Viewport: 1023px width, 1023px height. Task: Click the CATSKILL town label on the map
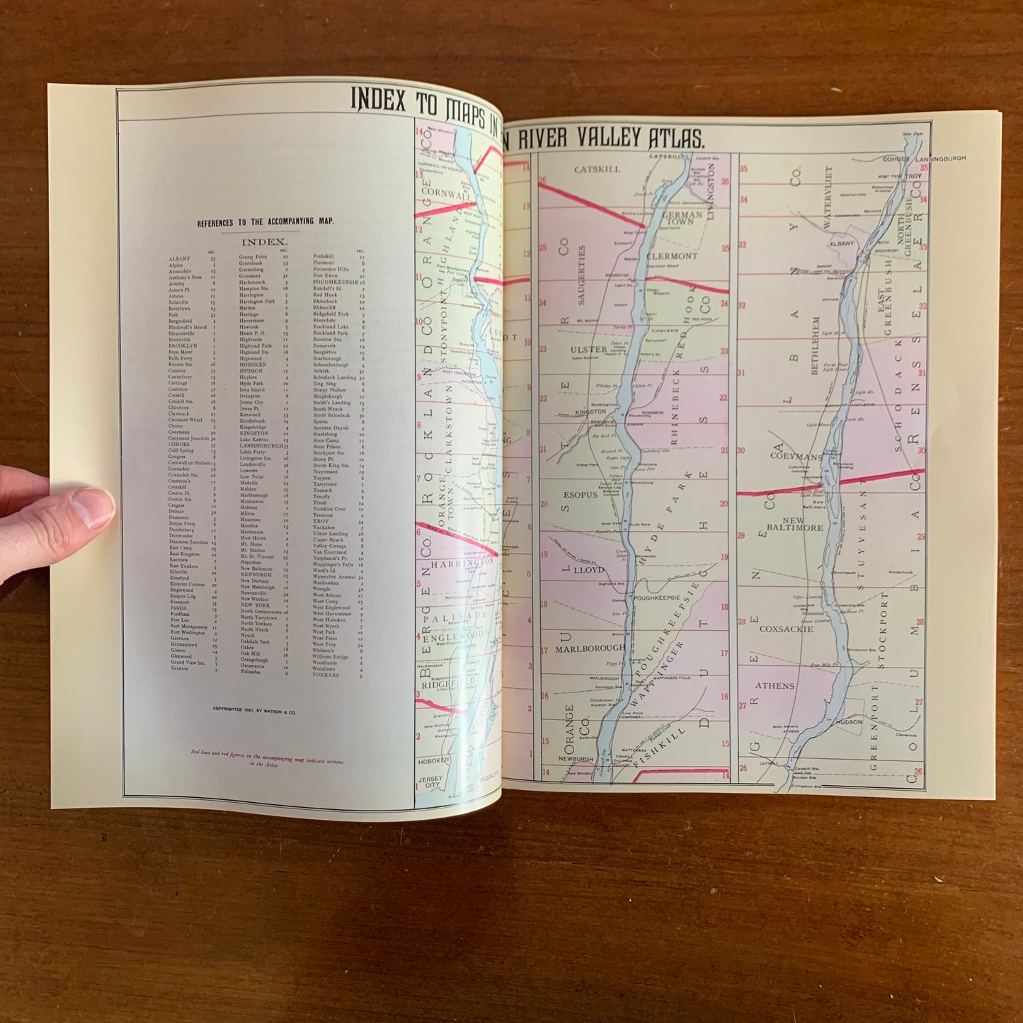596,169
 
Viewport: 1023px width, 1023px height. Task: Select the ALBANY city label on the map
842,244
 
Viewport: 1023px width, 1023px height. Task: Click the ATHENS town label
775,686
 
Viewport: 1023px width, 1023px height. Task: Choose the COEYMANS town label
796,457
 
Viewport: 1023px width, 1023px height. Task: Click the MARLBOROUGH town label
581,648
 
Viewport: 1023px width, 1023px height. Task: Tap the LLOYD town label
589,570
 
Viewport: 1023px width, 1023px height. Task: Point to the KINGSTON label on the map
590,411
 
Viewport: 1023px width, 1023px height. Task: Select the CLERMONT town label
671,256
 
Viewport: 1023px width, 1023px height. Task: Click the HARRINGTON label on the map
461,561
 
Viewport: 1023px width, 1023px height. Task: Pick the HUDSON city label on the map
850,722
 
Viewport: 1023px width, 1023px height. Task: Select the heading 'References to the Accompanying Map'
265,222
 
